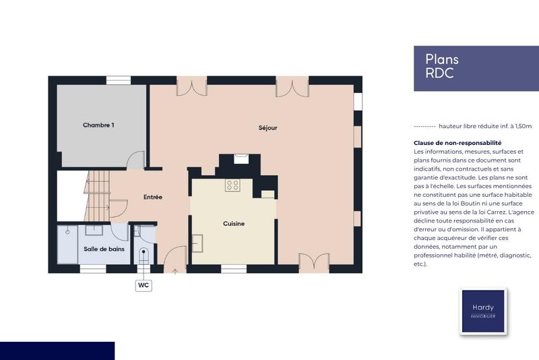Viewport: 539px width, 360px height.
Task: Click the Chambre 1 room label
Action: point(98,125)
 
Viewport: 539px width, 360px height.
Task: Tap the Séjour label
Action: point(267,127)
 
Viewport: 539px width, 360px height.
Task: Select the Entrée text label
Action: point(153,197)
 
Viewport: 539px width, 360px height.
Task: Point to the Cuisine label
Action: point(234,223)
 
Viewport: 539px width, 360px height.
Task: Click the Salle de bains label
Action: point(104,249)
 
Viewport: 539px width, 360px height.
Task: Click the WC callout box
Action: point(143,285)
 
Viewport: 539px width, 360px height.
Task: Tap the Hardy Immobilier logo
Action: point(482,311)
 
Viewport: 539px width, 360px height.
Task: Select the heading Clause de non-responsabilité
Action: point(457,143)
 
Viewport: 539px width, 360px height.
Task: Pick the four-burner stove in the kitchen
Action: point(232,185)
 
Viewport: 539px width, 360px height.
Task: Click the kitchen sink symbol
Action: point(198,243)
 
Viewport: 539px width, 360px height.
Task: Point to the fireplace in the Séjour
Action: point(241,160)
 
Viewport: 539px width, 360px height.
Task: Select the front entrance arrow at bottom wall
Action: point(175,271)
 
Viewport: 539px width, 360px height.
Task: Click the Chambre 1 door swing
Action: point(136,160)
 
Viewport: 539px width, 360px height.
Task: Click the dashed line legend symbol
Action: point(424,126)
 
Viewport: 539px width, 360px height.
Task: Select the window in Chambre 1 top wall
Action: point(118,80)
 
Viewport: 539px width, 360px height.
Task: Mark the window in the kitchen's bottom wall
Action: point(234,269)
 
